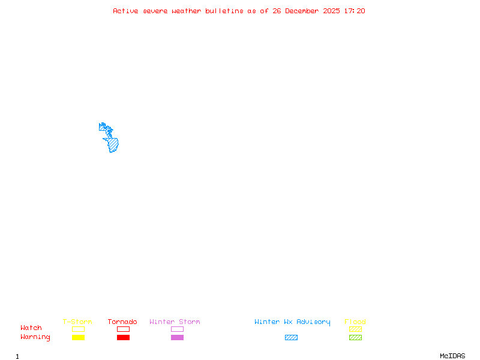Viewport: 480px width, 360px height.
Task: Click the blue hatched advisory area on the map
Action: (112, 144)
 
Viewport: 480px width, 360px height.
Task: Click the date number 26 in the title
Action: (277, 11)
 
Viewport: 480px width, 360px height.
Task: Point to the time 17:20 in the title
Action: (355, 11)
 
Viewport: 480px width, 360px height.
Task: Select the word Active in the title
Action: (126, 11)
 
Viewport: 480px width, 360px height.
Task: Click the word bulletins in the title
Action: (224, 11)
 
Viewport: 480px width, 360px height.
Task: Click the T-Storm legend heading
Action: (77, 322)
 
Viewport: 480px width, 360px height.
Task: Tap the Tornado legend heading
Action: (122, 322)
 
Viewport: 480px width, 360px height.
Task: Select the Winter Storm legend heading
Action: (175, 322)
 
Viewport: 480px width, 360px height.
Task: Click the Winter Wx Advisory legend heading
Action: (292, 322)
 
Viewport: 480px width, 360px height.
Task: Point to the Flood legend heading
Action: (355, 322)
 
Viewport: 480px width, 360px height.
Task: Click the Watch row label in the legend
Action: (31, 328)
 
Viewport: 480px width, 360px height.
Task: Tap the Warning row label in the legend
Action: (35, 337)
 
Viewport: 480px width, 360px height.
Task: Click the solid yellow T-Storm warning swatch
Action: (78, 338)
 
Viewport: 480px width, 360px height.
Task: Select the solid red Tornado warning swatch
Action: (123, 338)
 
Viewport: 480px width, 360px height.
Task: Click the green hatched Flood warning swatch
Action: (355, 338)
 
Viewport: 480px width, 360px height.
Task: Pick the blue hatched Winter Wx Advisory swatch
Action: (291, 338)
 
